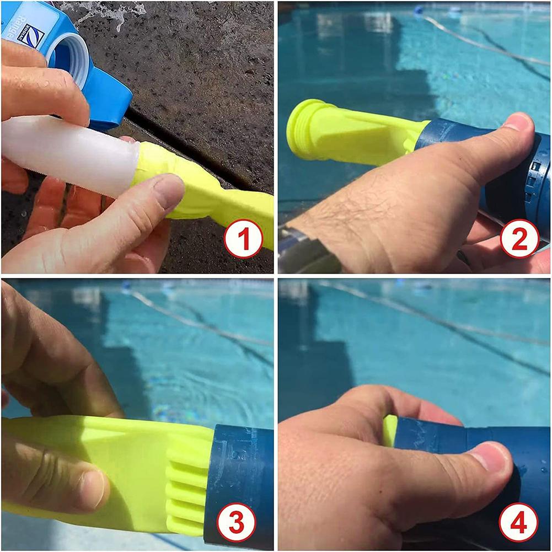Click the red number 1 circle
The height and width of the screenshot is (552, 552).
[243, 239]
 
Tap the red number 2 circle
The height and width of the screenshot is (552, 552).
[519, 239]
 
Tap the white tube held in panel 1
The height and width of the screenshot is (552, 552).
[66, 154]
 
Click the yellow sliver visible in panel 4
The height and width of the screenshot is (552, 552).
[390, 430]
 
